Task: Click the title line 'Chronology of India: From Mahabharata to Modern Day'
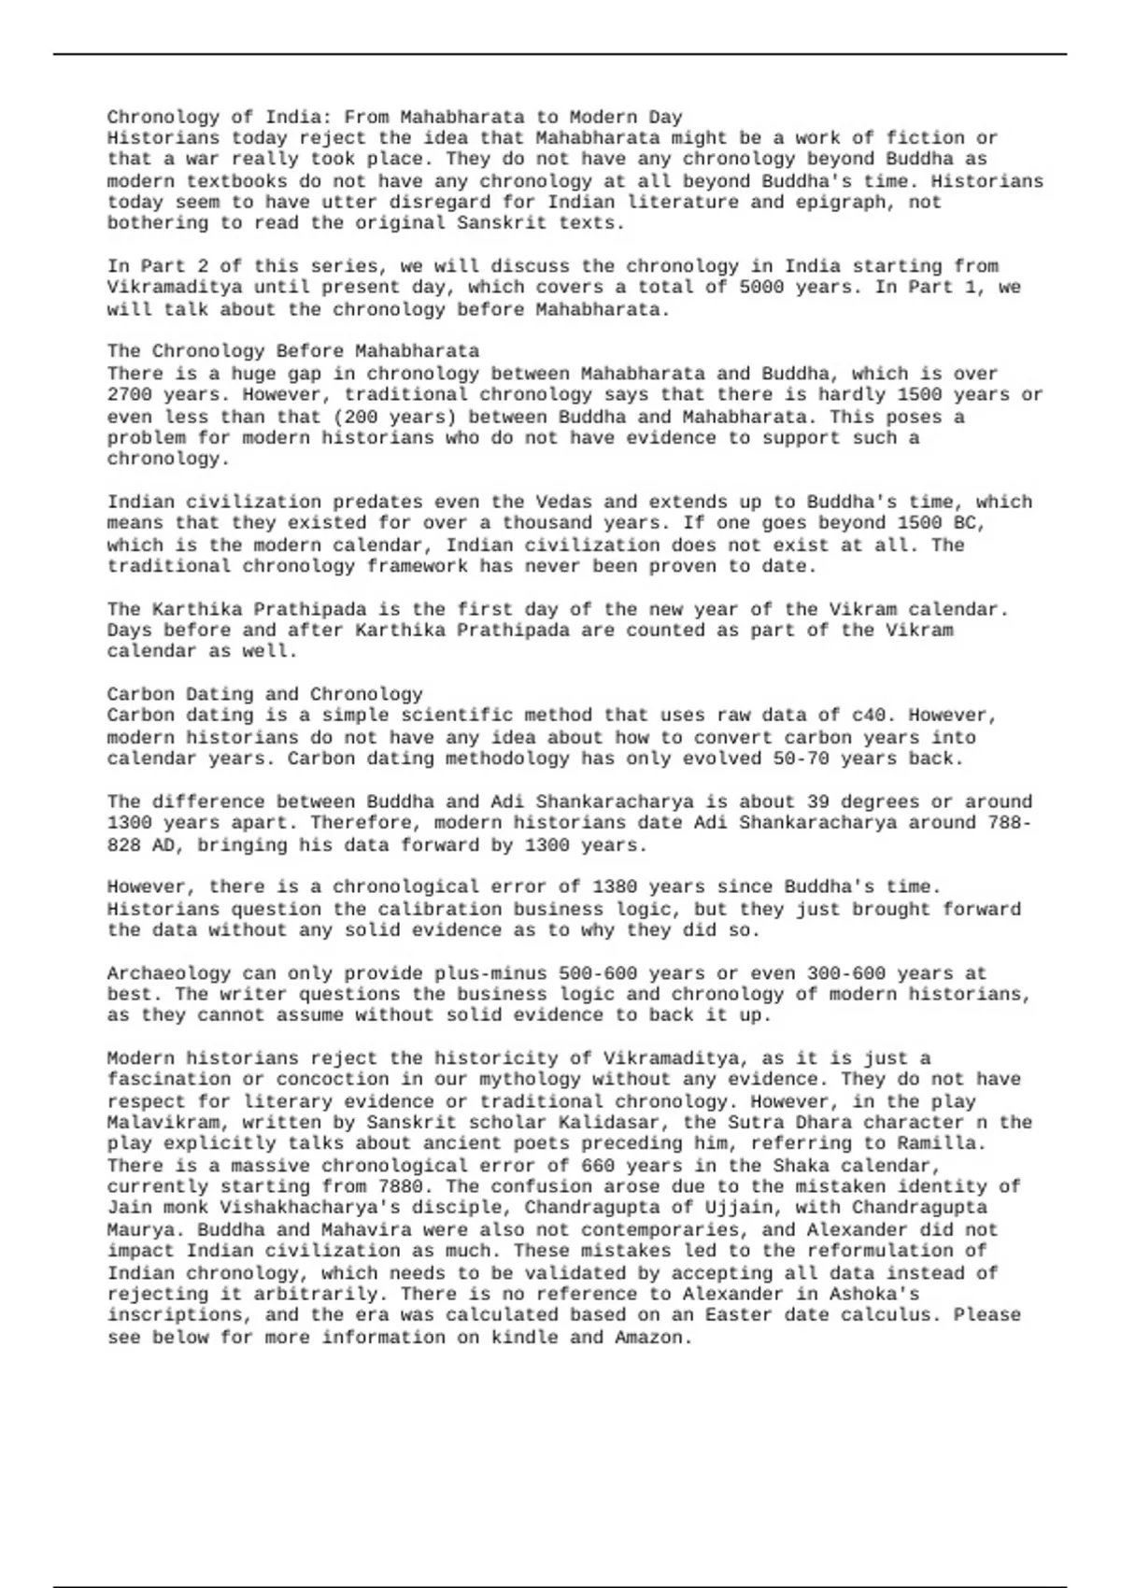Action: pyautogui.click(x=394, y=117)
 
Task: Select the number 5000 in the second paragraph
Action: pyautogui.click(x=760, y=287)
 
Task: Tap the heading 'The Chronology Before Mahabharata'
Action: pyautogui.click(x=292, y=351)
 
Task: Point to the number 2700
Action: pyautogui.click(x=129, y=394)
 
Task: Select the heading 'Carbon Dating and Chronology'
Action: pyautogui.click(x=264, y=694)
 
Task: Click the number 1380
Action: pyautogui.click(x=615, y=886)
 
